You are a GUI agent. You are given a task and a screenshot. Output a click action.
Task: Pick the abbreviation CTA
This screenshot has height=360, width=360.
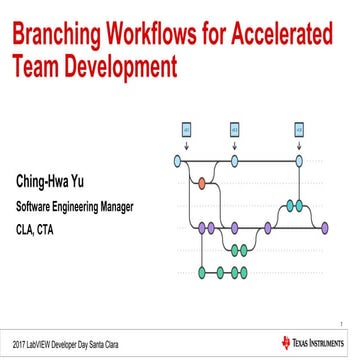point(47,228)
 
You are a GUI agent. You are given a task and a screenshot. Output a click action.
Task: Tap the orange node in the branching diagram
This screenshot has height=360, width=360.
point(201,182)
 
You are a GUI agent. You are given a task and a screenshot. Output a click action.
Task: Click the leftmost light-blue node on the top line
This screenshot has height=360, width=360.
point(178,159)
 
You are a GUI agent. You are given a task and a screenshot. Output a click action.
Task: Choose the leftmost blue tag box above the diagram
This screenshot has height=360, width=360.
point(187,129)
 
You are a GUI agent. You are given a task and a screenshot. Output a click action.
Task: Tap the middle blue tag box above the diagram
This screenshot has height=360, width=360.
point(235,129)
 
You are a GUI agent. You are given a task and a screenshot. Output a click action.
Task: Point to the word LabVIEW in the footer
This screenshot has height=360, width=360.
point(43,344)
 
